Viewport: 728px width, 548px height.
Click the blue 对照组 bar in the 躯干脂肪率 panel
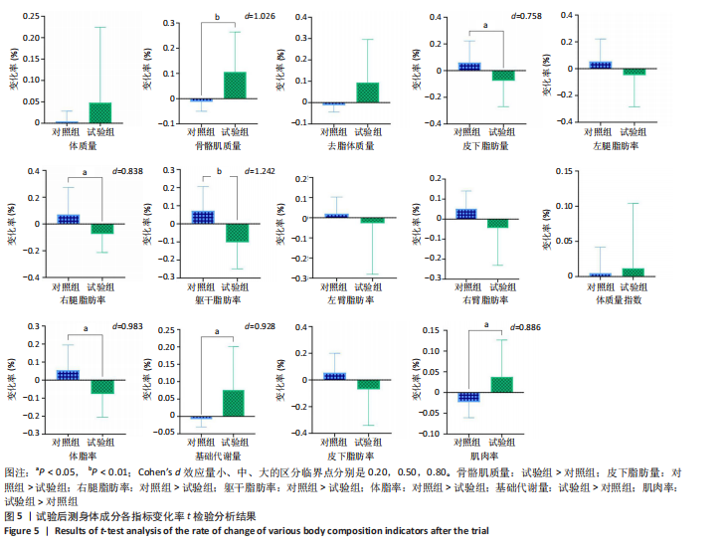coord(203,217)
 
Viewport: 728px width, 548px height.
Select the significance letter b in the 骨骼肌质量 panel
coord(217,17)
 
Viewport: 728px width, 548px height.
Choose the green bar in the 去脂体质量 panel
coord(368,92)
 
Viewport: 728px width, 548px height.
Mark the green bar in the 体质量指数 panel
coord(634,272)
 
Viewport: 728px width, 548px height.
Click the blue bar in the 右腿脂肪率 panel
coord(68,218)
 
